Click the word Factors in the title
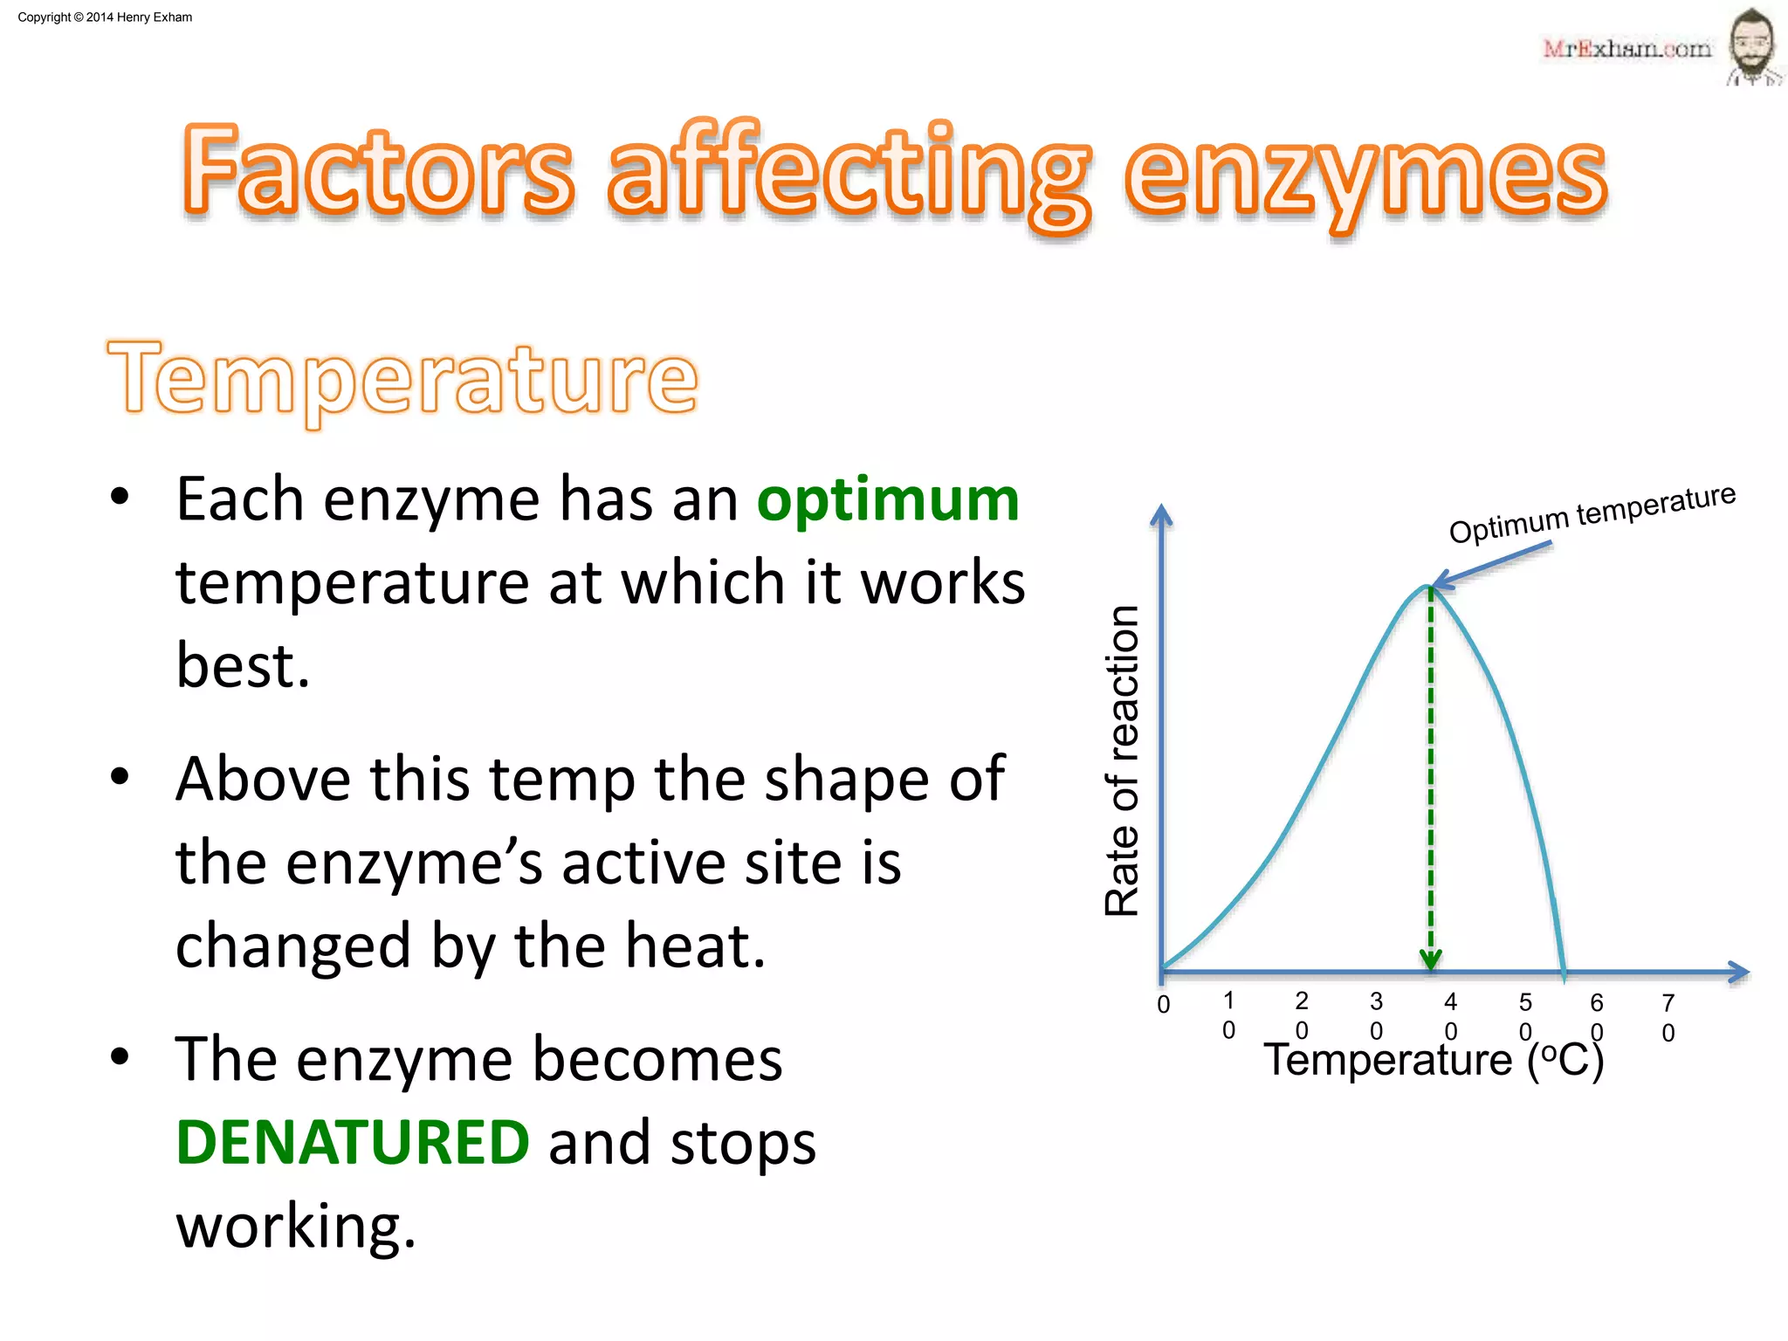(x=378, y=170)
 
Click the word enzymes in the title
(x=1365, y=175)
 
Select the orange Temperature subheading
(x=402, y=379)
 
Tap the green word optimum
(x=887, y=500)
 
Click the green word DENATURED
(x=352, y=1142)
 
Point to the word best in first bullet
(x=243, y=665)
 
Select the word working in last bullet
(x=295, y=1226)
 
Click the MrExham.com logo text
(x=1626, y=49)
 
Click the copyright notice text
(x=105, y=17)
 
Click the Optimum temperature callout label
(x=1592, y=513)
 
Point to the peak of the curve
(x=1428, y=587)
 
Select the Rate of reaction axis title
(x=1123, y=760)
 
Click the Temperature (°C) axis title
(x=1433, y=1060)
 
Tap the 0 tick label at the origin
(x=1163, y=1004)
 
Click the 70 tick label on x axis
(x=1668, y=1017)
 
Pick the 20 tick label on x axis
(x=1301, y=1015)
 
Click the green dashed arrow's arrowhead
(x=1430, y=960)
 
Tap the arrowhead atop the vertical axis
(x=1161, y=515)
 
